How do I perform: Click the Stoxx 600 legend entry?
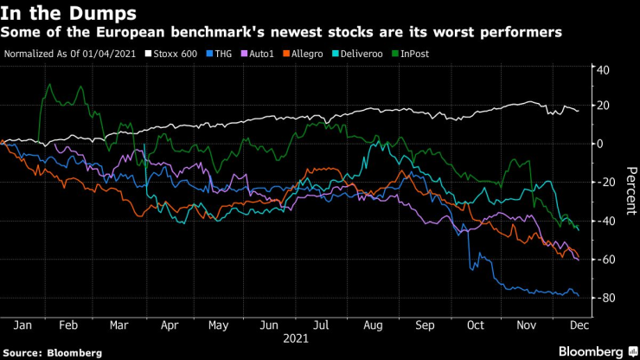[176, 53]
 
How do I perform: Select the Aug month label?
[374, 325]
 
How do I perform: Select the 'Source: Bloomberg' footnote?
[52, 352]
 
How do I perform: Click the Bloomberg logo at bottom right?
[587, 351]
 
